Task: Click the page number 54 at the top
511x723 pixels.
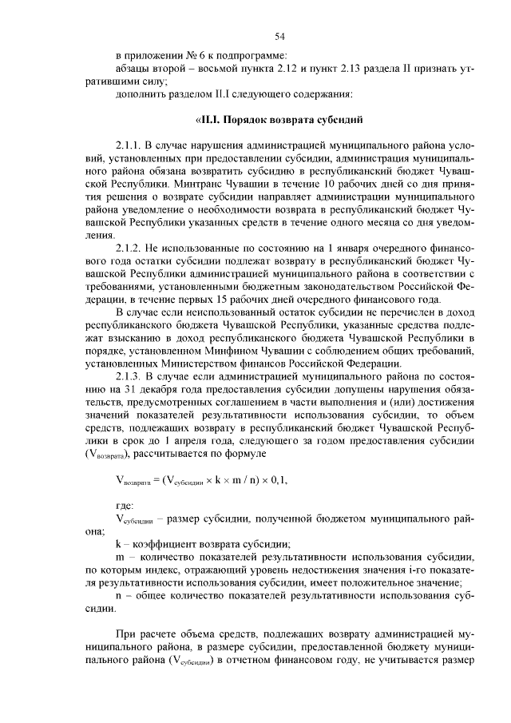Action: [280, 36]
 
